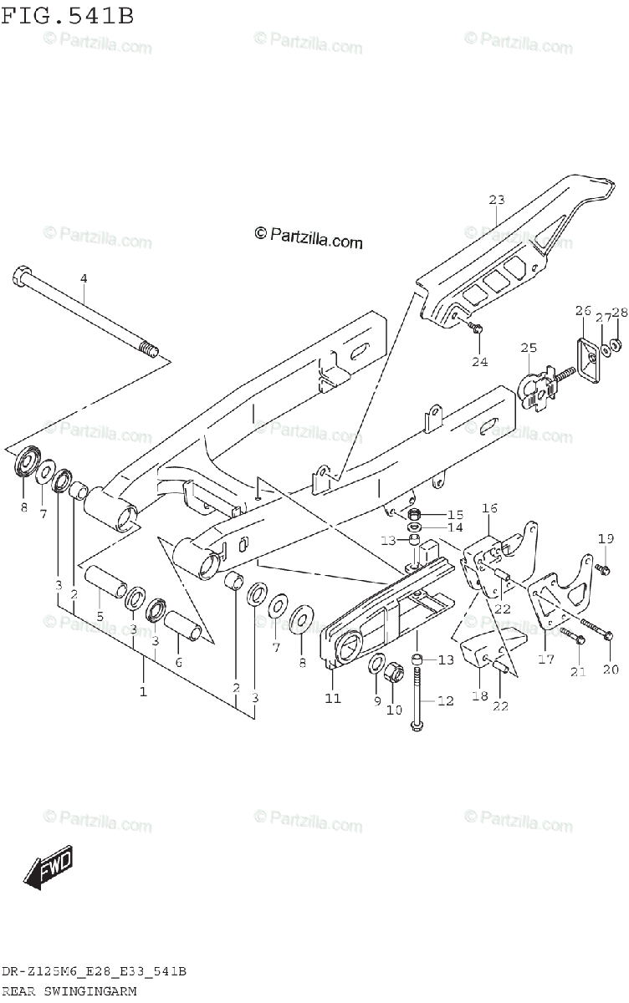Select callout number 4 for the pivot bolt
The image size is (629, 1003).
tap(84, 278)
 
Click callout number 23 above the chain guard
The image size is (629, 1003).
tap(497, 200)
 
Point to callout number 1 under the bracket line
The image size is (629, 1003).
tap(143, 691)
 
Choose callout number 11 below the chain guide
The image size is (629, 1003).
tap(333, 698)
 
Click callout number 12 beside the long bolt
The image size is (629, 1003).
tap(445, 700)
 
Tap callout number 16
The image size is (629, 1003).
tap(490, 508)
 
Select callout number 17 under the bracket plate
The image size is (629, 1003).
tap(545, 659)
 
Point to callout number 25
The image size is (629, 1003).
tap(528, 348)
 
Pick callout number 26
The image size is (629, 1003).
tap(582, 311)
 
